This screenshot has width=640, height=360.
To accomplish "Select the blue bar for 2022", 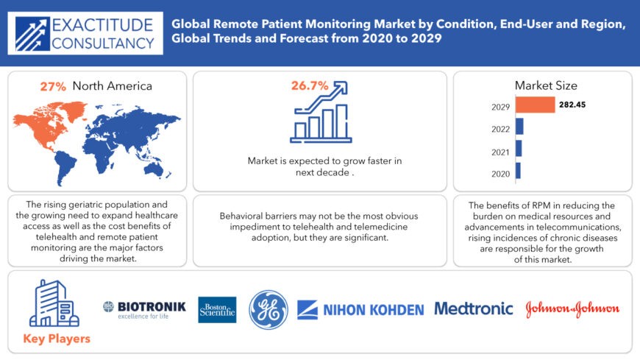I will (519, 127).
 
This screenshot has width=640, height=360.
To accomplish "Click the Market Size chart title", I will (546, 85).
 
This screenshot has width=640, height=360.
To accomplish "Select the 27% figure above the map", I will (51, 86).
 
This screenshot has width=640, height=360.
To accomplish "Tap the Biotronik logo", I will (144, 308).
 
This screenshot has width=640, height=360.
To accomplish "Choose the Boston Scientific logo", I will (217, 309).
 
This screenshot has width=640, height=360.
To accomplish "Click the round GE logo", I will (269, 309).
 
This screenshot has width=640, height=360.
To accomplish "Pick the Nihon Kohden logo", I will (360, 310).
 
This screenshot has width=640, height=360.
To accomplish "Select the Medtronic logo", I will (474, 308).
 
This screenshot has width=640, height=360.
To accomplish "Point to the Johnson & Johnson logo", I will (572, 309).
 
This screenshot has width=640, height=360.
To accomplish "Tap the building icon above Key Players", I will (53, 303).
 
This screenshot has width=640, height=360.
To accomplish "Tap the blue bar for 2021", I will (519, 149).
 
